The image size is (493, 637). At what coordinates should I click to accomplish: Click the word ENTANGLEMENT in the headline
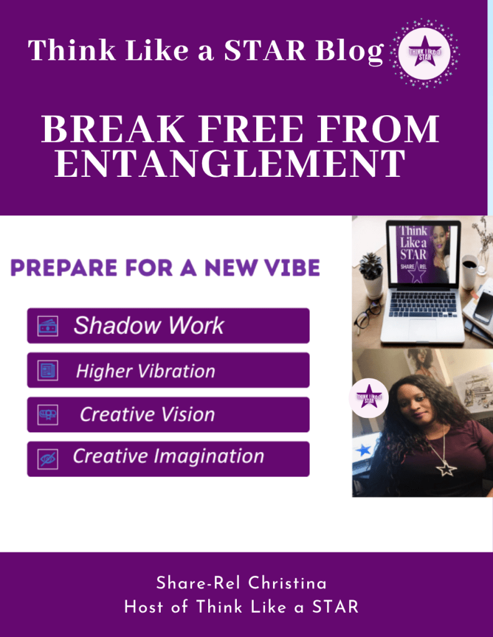click(x=230, y=163)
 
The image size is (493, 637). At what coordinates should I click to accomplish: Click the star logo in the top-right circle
click(x=424, y=53)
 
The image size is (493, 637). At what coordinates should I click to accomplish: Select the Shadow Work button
click(x=168, y=326)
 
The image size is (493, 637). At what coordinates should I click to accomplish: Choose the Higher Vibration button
click(x=168, y=370)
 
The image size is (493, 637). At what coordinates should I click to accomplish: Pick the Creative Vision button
click(x=168, y=415)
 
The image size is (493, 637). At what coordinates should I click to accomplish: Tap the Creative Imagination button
click(x=168, y=459)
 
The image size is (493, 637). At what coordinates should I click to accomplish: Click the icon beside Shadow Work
click(x=47, y=326)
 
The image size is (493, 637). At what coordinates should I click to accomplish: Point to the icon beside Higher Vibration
click(x=47, y=370)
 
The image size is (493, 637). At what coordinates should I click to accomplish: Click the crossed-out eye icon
click(x=47, y=459)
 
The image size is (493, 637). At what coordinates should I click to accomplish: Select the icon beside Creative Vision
click(x=47, y=415)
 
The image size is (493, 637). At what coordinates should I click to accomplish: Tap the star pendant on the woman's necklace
click(x=446, y=469)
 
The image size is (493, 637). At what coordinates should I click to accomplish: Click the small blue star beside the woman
click(x=363, y=450)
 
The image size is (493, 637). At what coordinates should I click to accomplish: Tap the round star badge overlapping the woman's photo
click(x=369, y=398)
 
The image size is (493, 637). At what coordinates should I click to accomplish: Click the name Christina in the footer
click(x=287, y=583)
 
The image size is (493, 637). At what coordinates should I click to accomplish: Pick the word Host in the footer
click(x=144, y=607)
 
